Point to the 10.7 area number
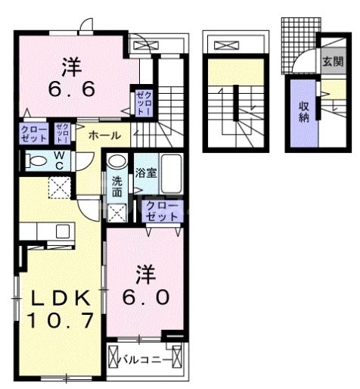pos(61,320)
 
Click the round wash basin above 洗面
pos(116,161)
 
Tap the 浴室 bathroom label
pos(145,173)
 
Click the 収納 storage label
pos(303,110)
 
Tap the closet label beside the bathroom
pos(162,210)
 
